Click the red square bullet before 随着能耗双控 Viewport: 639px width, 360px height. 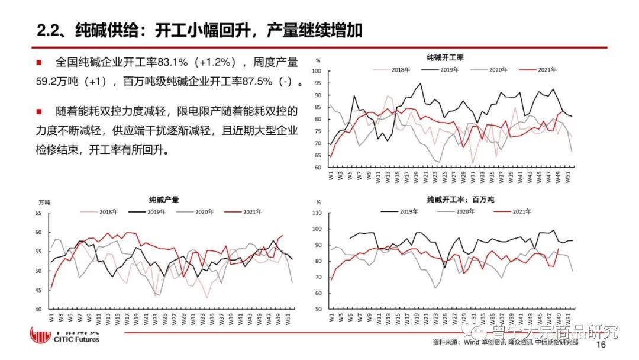coord(39,111)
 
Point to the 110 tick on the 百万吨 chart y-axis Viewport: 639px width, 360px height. coord(315,213)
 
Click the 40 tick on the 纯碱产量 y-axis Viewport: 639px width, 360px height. coord(38,309)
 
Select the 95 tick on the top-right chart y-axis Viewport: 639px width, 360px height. coord(317,83)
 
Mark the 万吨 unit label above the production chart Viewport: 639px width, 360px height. coord(38,202)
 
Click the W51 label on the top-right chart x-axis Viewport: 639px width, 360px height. coord(569,176)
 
